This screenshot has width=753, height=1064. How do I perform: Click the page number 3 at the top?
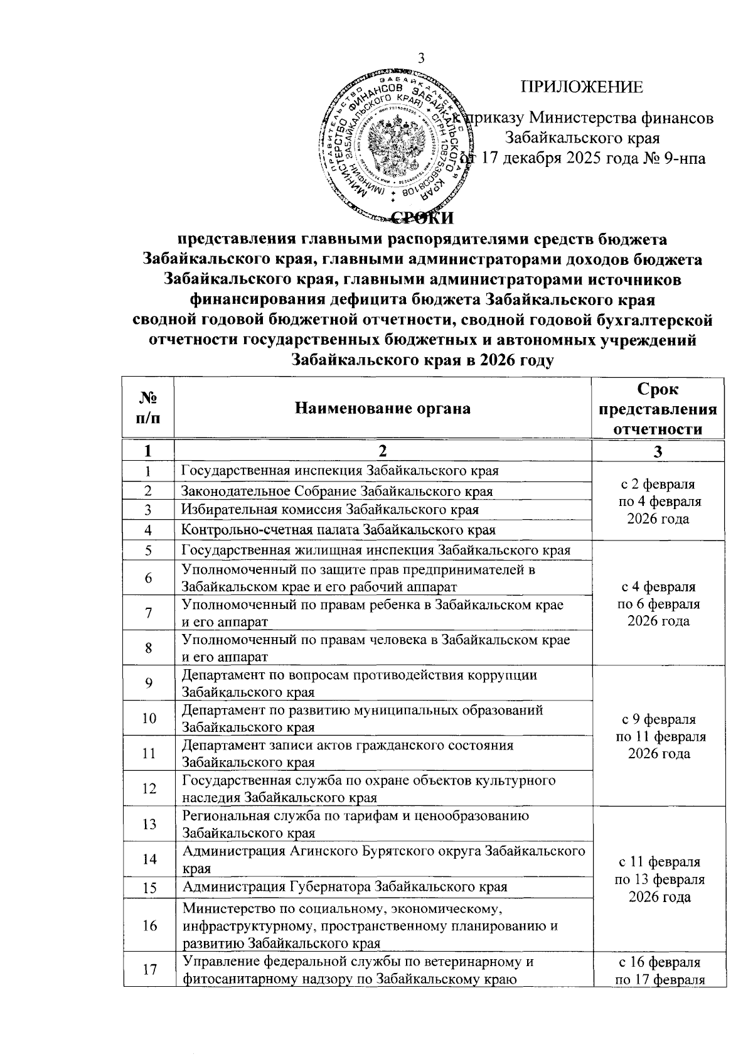point(422,58)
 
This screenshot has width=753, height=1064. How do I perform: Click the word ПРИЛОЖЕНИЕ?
point(581,87)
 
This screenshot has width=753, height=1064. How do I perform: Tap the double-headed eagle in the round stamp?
point(396,146)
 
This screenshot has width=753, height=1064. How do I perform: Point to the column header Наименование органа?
point(383,409)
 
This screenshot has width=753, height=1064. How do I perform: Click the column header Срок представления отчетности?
point(658,409)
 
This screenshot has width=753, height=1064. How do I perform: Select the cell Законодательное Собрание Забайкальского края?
point(337,492)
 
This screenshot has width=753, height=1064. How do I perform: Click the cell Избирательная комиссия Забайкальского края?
point(330,510)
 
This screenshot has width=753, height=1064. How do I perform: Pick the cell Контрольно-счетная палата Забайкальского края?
point(339,530)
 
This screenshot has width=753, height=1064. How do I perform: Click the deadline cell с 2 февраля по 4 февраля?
point(658,502)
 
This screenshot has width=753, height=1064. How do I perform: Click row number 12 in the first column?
point(149,788)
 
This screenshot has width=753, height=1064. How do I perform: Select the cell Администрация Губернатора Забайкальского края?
point(344,888)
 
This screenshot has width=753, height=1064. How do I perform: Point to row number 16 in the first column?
point(149,925)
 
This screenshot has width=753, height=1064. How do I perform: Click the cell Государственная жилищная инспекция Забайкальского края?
point(376,551)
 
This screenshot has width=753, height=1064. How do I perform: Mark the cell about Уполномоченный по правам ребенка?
point(372,613)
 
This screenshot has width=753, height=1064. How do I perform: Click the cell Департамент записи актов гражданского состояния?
point(348,753)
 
